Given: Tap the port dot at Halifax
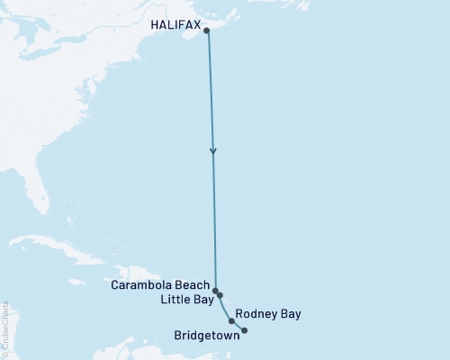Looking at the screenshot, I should click(208, 31).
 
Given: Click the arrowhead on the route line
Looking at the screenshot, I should click(212, 150).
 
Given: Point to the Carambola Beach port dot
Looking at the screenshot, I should click(215, 291).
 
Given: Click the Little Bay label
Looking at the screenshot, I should click(186, 300).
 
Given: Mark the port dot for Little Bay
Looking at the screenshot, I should click(220, 295).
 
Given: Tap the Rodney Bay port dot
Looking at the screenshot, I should click(232, 320).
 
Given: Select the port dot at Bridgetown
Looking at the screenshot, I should click(245, 330).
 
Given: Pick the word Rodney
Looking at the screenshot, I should click(255, 314).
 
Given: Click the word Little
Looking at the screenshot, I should click(174, 300).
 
